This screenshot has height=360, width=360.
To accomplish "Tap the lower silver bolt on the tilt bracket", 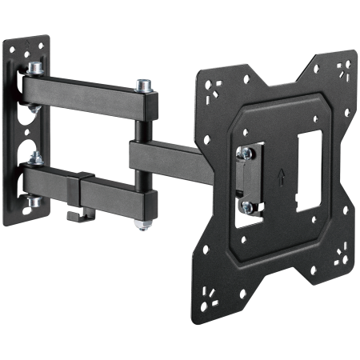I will pos(247,206).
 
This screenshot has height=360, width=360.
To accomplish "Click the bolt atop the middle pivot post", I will pos(144,82).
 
